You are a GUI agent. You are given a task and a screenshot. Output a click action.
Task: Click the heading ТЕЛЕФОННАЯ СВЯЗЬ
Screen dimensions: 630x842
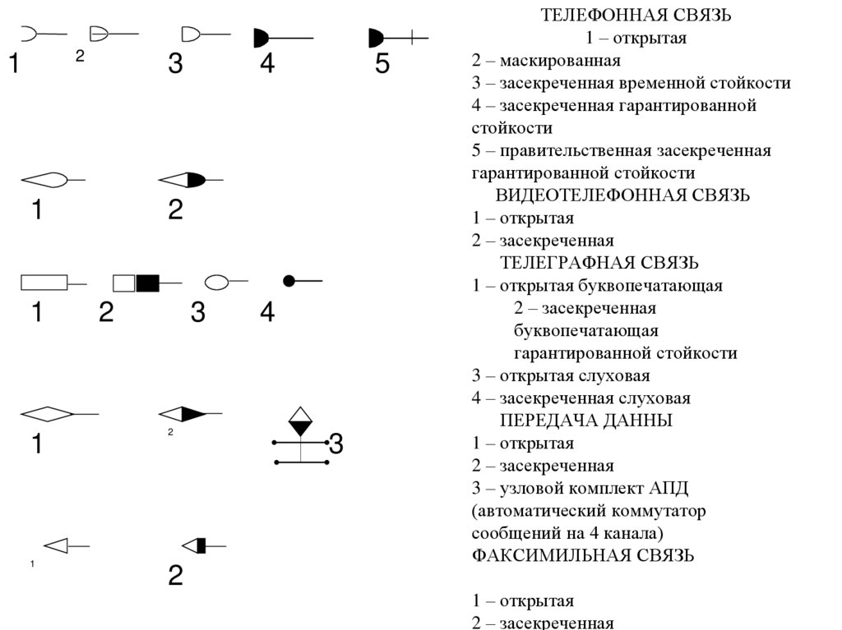click(635, 16)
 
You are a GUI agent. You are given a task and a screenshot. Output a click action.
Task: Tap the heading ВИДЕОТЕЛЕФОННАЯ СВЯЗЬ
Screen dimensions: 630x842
click(622, 195)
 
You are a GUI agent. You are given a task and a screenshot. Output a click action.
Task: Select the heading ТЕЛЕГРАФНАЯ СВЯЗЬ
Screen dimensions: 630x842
click(599, 263)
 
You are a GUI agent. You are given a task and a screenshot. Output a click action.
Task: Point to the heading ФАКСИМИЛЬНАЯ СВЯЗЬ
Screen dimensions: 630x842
click(583, 555)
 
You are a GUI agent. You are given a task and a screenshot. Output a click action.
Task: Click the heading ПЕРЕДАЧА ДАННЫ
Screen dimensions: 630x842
click(586, 421)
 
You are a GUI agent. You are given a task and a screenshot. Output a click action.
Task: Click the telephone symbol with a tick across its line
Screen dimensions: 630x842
click(397, 37)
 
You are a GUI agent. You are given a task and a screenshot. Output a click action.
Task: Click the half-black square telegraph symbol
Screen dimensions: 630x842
click(136, 283)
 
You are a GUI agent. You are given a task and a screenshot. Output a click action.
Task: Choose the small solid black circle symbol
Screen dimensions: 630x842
click(289, 281)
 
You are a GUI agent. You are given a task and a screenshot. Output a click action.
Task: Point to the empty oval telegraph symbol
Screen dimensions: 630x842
click(216, 283)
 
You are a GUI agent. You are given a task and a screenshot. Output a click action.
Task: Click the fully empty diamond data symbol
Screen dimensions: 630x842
click(46, 414)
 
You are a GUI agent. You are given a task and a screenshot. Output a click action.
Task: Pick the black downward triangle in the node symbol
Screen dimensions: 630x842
click(301, 427)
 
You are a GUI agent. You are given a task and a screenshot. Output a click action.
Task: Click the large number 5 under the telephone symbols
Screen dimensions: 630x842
click(382, 65)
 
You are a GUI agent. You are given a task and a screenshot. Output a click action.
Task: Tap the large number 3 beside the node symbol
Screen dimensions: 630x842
click(335, 444)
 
